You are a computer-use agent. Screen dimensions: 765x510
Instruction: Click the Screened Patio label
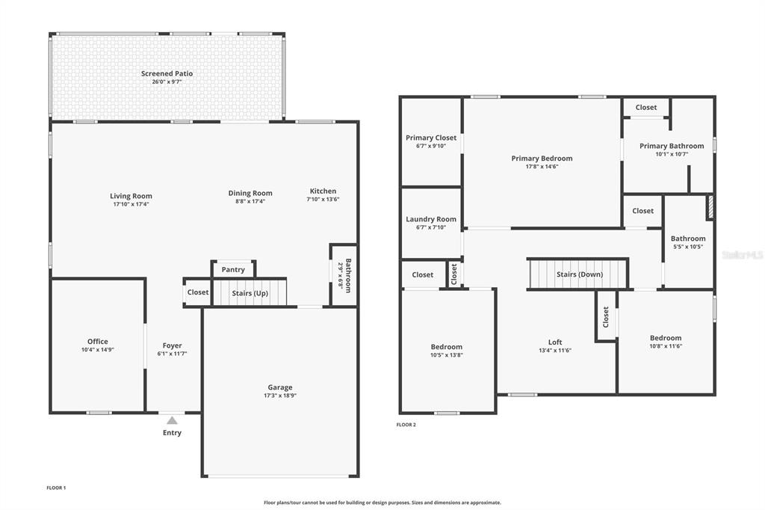167,74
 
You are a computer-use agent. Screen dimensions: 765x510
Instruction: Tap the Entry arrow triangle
173,420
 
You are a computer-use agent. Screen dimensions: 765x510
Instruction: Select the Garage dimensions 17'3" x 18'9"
280,396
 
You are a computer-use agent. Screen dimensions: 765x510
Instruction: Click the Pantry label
233,270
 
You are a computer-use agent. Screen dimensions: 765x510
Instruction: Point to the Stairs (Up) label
250,293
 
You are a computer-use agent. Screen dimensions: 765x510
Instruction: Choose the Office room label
98,342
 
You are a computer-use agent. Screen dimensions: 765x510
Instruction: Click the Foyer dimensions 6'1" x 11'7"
173,354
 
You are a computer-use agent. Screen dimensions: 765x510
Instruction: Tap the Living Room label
131,197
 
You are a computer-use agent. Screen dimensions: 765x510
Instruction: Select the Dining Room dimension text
250,201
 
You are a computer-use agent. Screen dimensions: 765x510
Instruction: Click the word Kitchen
323,191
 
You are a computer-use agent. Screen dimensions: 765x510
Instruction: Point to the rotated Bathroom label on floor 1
348,275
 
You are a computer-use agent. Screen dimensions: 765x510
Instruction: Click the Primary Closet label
431,138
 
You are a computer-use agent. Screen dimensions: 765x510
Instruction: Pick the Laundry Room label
431,219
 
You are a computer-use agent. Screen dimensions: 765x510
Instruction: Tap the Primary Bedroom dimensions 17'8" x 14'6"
542,167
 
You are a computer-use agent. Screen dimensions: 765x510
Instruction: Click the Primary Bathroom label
672,146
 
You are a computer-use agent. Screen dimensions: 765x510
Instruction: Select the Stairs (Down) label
580,274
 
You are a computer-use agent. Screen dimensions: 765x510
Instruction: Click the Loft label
555,342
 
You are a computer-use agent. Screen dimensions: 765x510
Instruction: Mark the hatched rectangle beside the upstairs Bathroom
711,206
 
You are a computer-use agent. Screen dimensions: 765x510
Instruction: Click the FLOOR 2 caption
406,425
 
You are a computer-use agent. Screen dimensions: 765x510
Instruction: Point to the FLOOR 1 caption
56,488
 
